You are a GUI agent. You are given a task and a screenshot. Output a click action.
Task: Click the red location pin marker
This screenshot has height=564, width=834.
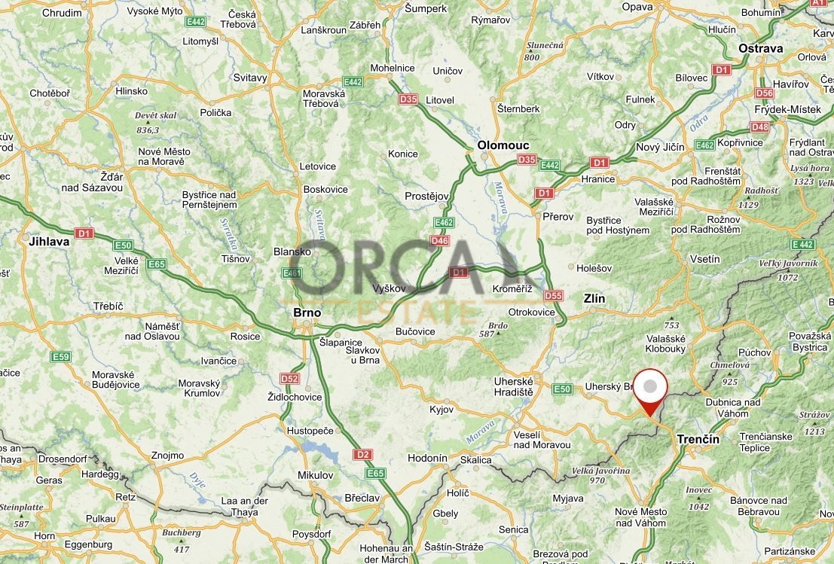click(649, 390)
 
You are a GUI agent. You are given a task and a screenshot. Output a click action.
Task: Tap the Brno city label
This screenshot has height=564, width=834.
click(307, 312)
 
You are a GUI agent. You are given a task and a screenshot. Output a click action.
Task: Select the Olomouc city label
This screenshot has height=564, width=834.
click(503, 145)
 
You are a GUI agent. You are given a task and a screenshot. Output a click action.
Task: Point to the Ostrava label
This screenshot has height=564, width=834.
click(760, 48)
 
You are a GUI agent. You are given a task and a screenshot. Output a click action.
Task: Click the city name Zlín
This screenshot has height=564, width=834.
click(594, 299)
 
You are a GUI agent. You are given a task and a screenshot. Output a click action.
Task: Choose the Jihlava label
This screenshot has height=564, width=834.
click(48, 242)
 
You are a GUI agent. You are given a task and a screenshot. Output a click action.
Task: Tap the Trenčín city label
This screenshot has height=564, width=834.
click(698, 439)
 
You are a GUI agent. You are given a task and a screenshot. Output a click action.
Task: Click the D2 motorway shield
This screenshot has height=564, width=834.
click(363, 455)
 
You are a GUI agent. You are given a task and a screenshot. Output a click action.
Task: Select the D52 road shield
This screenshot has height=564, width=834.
click(289, 378)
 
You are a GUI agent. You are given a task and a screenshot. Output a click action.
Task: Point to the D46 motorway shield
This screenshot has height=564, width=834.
click(439, 241)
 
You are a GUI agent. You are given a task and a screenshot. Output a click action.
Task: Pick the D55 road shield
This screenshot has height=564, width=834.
click(553, 296)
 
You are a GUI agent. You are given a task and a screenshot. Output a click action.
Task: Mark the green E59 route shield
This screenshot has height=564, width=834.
click(61, 356)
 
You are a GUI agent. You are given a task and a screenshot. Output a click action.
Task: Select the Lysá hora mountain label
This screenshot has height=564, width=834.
click(811, 169)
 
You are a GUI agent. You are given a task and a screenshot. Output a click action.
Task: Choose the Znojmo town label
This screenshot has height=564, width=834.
click(167, 455)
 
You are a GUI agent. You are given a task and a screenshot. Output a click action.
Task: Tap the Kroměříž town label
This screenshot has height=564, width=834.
click(512, 289)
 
